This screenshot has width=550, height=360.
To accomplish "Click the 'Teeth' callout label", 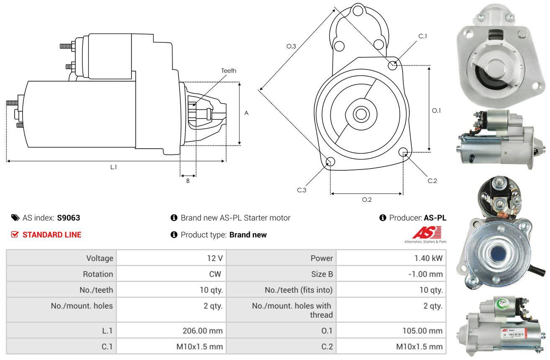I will pos(229,71).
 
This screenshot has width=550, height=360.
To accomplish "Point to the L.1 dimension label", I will pos(113,167).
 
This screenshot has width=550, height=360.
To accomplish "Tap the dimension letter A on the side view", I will pos(247,113).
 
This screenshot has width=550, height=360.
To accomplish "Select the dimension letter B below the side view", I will pos(188,181).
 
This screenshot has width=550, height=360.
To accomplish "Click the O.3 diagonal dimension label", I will pos(291,46).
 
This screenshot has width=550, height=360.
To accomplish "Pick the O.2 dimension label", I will pos(367,200).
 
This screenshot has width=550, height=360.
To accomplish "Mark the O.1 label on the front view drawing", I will pos(436,111).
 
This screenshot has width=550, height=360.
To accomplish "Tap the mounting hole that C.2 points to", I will pos(403,152).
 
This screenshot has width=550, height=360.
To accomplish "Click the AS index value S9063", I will pos(69,218).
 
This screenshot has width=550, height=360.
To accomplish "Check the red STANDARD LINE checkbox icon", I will pos(15,235).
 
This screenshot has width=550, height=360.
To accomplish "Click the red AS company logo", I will pos(427,233).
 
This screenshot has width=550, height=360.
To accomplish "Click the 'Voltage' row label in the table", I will pos(100,258).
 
